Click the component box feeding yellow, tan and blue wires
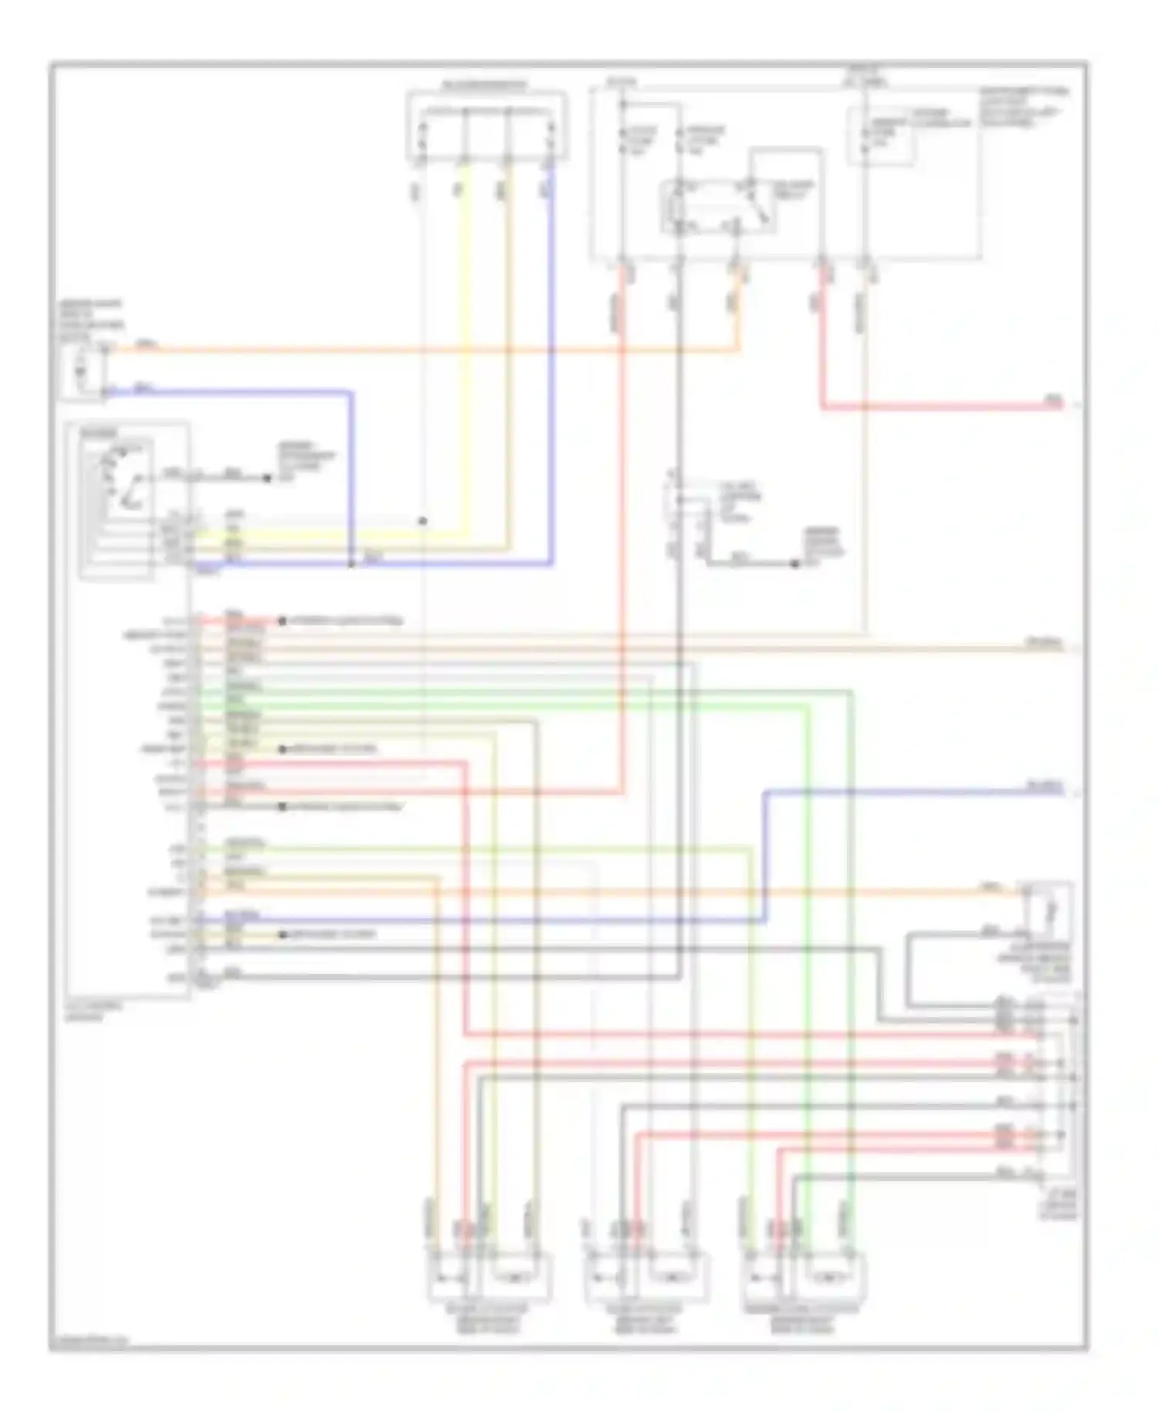click(486, 127)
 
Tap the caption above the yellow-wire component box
click(484, 85)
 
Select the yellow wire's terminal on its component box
click(464, 162)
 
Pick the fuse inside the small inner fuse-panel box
click(865, 136)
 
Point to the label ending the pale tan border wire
click(1043, 642)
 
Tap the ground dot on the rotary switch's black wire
click(267, 478)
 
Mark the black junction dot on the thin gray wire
click(423, 521)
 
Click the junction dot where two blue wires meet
click(352, 563)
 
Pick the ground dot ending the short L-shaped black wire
click(794, 563)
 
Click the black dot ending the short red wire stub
click(282, 621)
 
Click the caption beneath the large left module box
click(85, 1012)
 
